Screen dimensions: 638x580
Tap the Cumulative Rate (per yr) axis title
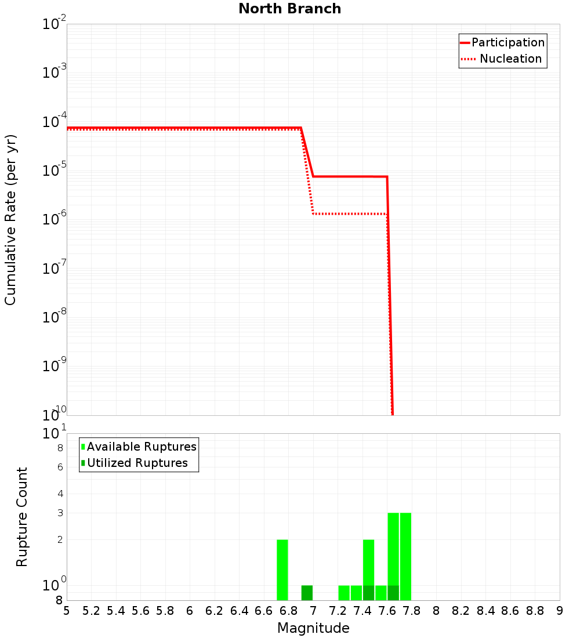[10, 220]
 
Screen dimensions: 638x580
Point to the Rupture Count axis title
[22, 517]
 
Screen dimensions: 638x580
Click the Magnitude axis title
[313, 628]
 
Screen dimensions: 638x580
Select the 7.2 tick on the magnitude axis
[338, 611]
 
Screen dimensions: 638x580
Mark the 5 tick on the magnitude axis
[67, 611]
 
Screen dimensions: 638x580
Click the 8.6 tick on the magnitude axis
[510, 611]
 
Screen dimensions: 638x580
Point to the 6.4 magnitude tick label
[239, 611]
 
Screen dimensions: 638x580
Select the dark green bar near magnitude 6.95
[307, 593]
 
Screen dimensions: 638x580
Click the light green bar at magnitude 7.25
[344, 593]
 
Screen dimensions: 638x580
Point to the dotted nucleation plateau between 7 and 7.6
[348, 214]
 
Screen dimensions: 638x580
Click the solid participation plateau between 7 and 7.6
[348, 176]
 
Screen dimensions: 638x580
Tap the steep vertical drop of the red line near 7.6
[390, 290]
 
